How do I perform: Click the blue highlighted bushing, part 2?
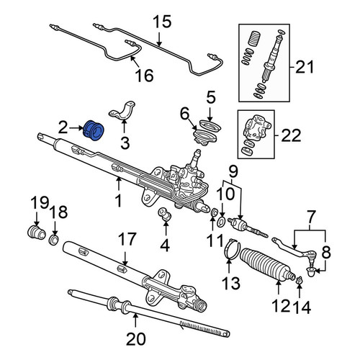pos(93,130)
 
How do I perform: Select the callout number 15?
pos(163,22)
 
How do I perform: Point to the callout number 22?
pos(291,136)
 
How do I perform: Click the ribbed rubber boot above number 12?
pos(267,265)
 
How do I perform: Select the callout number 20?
pos(136,339)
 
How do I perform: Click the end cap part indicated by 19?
pos(36,233)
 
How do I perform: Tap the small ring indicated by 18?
pos(54,240)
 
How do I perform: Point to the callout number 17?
pos(127,239)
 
